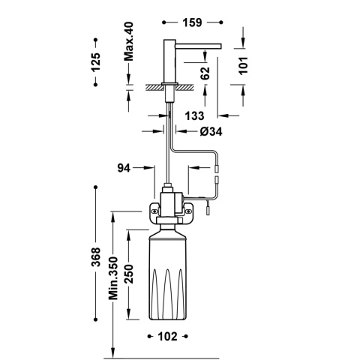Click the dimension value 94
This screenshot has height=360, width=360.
pyautogui.click(x=124, y=168)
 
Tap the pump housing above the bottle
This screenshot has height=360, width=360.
pyautogui.click(x=171, y=204)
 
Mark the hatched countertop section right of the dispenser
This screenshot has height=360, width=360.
pyautogui.click(x=188, y=86)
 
